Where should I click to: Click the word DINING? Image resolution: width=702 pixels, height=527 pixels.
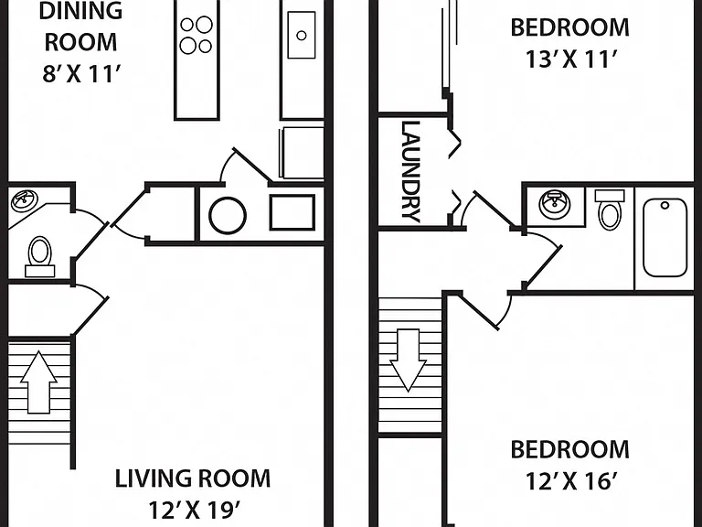coord(80,10)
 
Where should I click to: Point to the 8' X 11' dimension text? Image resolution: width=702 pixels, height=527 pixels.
coord(81,73)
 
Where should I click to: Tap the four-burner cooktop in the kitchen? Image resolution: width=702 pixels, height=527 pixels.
coord(197,35)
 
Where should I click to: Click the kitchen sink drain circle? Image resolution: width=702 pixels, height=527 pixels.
coord(302,36)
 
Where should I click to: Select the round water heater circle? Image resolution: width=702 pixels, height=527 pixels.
coord(228,216)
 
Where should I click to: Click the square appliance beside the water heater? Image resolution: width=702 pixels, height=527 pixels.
coord(292,212)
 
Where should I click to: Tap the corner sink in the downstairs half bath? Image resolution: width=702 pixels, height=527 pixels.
coord(25,200)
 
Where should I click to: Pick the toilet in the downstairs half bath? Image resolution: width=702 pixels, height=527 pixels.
coord(40,257)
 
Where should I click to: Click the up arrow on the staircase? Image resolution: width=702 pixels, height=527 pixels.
coord(38,382)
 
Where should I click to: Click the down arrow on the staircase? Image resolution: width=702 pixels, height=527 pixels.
coord(408,360)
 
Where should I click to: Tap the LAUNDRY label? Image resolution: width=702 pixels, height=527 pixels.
coord(411,172)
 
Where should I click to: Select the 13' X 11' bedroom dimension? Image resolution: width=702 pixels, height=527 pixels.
coord(570,59)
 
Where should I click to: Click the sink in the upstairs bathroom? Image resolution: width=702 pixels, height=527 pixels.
coord(555,204)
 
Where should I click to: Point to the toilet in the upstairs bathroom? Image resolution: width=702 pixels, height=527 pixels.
coord(610,210)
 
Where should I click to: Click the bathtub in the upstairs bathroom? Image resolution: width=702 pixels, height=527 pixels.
coord(665,238)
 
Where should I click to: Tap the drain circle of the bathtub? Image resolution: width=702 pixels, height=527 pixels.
coord(665,206)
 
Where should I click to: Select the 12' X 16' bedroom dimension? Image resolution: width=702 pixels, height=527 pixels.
coord(570,481)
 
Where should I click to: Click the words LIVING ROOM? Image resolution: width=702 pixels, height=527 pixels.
coord(193,479)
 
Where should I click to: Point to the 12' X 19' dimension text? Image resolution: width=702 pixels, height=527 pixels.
coord(194,510)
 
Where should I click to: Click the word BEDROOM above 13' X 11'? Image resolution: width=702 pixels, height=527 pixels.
coord(570,27)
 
